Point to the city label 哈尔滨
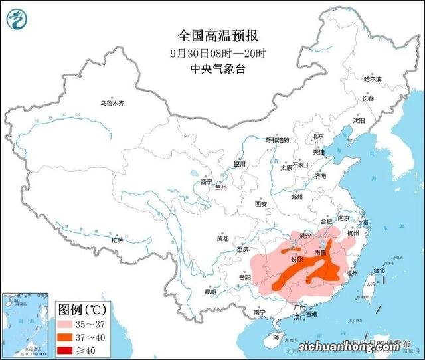(x=373, y=79)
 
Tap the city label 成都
(x=222, y=238)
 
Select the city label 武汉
(x=305, y=236)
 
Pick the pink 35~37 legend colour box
(x=68, y=325)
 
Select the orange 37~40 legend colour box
(x=68, y=337)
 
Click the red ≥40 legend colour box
(x=68, y=350)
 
